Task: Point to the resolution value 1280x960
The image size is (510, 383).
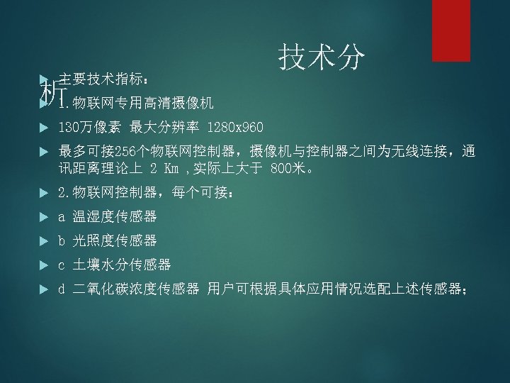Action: tap(236, 128)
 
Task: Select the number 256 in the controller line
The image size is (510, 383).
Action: tap(125, 152)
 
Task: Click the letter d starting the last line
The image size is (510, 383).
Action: tap(62, 289)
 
